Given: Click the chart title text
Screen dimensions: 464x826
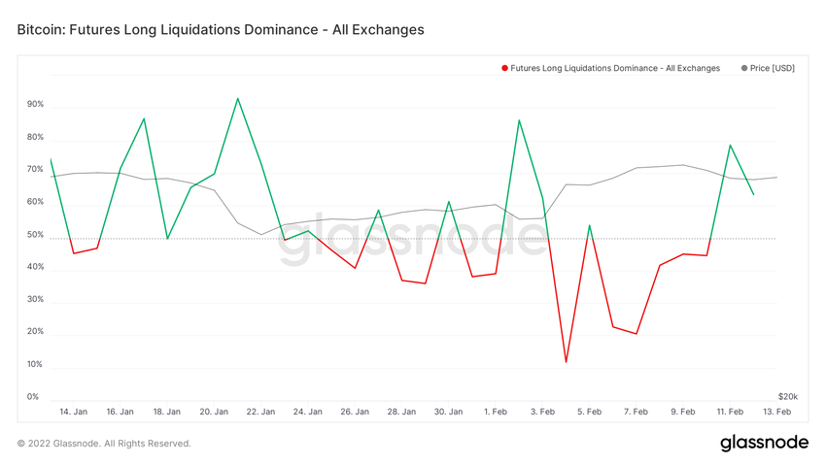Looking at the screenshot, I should point(221,30).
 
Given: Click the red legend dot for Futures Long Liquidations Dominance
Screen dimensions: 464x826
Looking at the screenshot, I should point(504,68).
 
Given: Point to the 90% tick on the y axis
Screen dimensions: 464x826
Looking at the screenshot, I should point(35,105).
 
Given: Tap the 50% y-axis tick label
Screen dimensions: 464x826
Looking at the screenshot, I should point(35,235).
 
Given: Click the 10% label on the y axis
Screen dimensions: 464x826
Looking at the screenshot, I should point(35,364).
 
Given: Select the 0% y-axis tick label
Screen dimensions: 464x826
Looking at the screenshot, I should point(33,396).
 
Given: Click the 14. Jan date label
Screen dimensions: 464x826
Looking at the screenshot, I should point(73,412).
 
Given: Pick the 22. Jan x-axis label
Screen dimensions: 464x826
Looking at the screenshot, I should point(260,412).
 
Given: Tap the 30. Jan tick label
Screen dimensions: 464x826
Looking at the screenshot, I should point(448,412).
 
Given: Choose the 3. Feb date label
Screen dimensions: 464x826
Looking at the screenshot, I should point(542,412).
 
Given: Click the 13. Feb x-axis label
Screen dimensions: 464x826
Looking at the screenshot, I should point(776,412).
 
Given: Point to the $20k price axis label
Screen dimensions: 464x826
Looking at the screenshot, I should point(787,396).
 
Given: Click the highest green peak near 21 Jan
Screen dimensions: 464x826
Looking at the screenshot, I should point(237,98).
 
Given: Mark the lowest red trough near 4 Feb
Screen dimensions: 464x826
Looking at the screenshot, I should point(566,362).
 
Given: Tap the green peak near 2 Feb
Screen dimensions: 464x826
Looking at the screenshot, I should point(519,120).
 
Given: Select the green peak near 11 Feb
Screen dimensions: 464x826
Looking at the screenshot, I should point(730,145).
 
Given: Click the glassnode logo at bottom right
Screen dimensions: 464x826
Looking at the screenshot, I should point(764,443).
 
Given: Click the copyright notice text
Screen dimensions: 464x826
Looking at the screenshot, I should point(104,444).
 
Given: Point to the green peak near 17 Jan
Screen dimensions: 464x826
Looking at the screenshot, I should point(144,118).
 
